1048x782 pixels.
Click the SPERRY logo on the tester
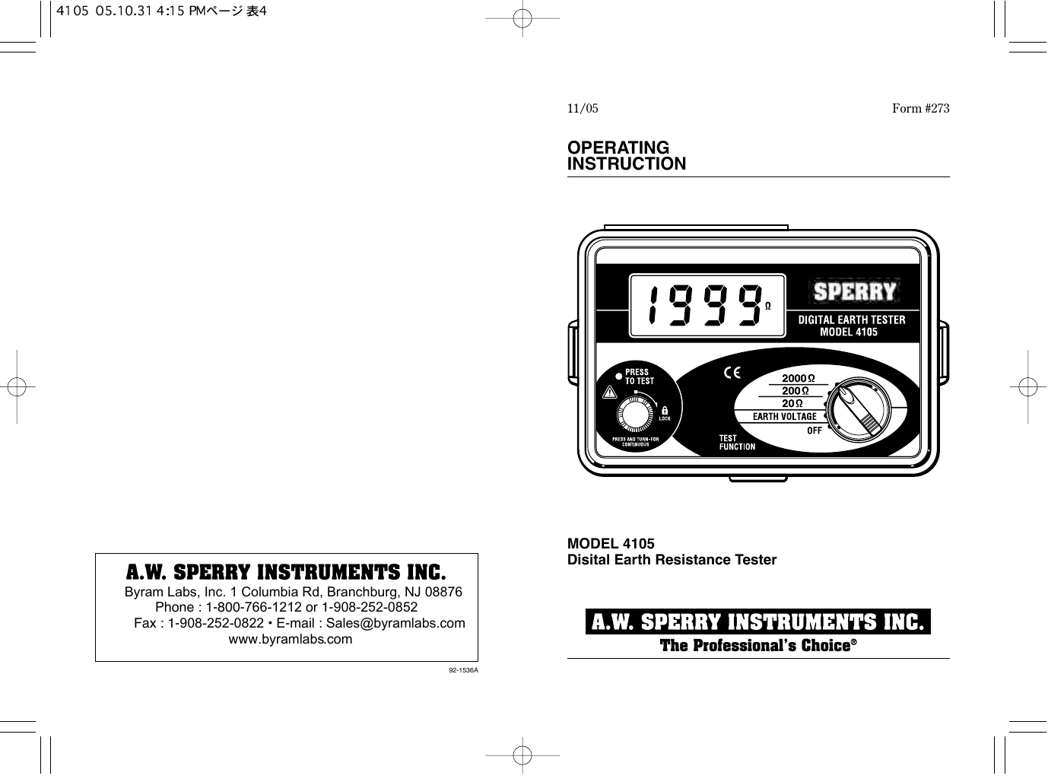click(x=855, y=291)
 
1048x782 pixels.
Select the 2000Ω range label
click(x=799, y=378)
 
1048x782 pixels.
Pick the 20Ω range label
click(x=793, y=403)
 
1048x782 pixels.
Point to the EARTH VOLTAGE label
click(x=784, y=417)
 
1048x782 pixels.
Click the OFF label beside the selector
click(x=814, y=431)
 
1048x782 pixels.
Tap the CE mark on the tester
click(x=732, y=374)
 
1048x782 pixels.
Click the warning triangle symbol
click(x=608, y=393)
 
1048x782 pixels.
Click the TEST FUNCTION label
click(x=737, y=443)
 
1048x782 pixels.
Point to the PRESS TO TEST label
click(x=639, y=377)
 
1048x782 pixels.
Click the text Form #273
click(x=920, y=109)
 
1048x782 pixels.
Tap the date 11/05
click(x=583, y=109)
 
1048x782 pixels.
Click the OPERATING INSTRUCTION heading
click(x=627, y=156)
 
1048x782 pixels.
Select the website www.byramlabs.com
click(x=291, y=639)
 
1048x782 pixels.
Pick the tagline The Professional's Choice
click(x=757, y=646)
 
